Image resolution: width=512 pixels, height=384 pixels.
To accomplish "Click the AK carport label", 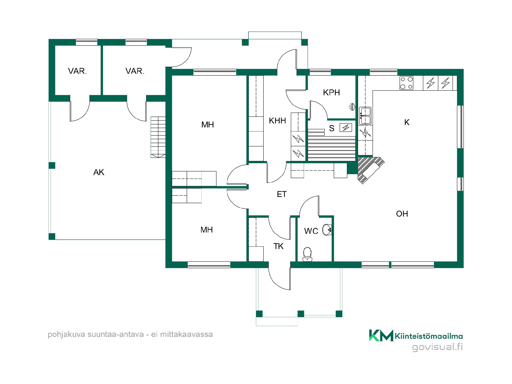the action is tap(99, 173).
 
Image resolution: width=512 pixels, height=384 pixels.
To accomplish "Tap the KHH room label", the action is tap(277, 121).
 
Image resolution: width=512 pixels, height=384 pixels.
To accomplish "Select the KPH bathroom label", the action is tap(331, 93).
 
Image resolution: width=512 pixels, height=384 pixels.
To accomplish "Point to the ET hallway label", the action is tap(282, 194).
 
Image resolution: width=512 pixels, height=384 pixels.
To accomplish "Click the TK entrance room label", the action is tap(278, 246).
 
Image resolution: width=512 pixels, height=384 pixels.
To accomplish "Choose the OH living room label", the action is tap(402, 214).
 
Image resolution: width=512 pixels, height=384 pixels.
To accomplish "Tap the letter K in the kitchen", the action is tap(407, 122).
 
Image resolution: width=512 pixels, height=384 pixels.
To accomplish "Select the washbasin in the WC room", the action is tap(327, 230).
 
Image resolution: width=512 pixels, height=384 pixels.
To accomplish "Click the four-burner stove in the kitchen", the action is tap(406, 83).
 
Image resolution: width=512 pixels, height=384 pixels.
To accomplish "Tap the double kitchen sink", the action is tap(365, 116).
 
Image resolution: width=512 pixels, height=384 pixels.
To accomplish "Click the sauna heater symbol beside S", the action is tap(346, 128).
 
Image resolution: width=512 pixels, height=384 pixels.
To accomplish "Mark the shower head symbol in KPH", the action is tap(353, 107).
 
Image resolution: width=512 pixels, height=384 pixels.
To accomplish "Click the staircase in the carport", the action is tap(158, 137).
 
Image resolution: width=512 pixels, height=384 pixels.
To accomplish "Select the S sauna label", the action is tap(331, 128).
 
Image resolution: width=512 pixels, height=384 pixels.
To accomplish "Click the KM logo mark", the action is tap(381, 335).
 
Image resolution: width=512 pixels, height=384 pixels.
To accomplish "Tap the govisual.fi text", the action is tap(437, 347).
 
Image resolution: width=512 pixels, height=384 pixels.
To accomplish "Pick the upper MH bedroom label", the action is tap(207, 125).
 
